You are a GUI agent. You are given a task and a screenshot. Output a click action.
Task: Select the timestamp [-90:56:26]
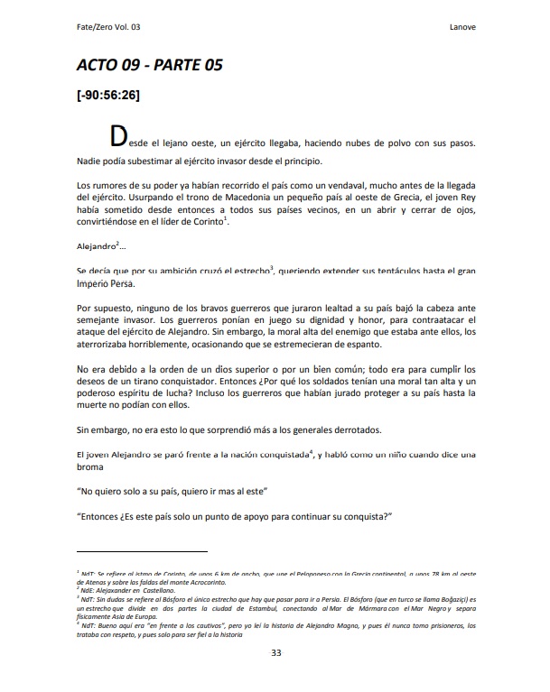pos(107,97)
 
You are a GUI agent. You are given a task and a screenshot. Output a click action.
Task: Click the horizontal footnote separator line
pos(142,550)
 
